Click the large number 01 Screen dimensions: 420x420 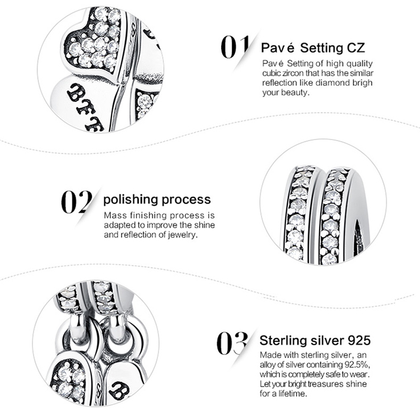click(235, 47)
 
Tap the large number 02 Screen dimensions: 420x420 click(77, 202)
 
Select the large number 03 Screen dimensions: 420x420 click(232, 343)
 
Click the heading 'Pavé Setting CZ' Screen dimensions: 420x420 click(312, 48)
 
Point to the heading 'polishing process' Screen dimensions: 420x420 click(157, 200)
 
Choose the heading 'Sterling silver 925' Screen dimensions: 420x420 click(315, 340)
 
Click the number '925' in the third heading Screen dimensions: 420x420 click(359, 340)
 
